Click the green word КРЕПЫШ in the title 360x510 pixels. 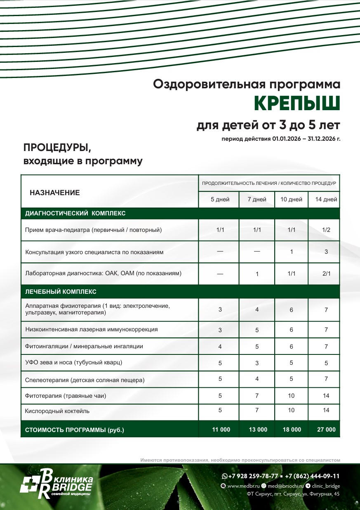(x=296, y=103)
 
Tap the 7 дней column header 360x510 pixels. (x=256, y=200)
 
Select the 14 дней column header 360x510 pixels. (x=326, y=200)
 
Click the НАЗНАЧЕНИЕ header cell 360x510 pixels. (x=55, y=193)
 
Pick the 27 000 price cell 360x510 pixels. (x=326, y=430)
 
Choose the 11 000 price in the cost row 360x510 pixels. (x=221, y=430)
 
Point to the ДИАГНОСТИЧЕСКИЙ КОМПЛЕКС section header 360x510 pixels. (x=75, y=214)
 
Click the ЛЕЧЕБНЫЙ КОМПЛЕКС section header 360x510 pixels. (x=61, y=292)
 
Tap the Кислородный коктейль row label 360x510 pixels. (x=57, y=411)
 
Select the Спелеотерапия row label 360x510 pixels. (x=85, y=380)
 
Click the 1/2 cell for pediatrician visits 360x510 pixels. (x=326, y=230)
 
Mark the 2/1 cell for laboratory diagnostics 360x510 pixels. (x=326, y=273)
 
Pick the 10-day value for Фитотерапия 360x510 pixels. (x=291, y=396)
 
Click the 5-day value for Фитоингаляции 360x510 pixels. (x=220, y=347)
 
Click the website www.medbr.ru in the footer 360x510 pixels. (x=242, y=486)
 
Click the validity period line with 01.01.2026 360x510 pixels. (x=281, y=139)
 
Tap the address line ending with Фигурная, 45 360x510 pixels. (x=293, y=494)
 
